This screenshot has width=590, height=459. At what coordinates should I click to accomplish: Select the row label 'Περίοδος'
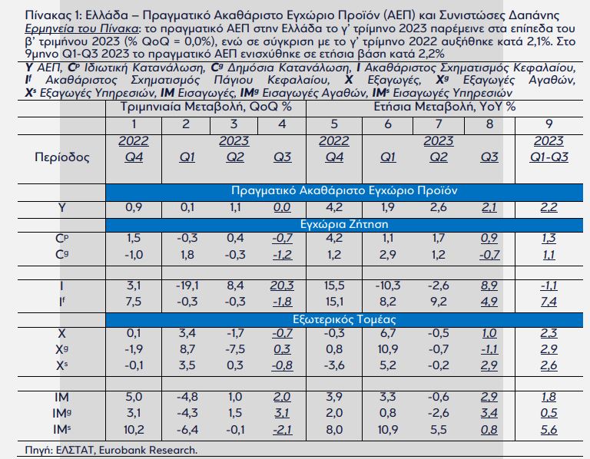63,157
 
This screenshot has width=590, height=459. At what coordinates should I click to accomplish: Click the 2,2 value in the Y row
549,207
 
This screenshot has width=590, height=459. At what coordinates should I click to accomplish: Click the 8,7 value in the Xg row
185,349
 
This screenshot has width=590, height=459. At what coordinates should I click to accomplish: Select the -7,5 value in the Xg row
234,349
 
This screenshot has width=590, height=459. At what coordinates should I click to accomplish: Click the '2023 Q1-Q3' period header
549,150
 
